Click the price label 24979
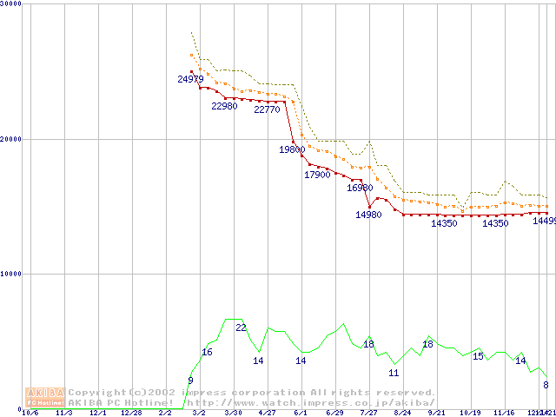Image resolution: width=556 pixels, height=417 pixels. point(191,79)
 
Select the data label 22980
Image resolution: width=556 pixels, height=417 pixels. point(224,107)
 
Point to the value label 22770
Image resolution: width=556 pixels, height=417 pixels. point(267,109)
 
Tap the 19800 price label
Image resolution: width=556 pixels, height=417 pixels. point(292,149)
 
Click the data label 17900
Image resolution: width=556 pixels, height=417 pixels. point(317,175)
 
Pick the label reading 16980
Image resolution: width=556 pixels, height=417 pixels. point(360,188)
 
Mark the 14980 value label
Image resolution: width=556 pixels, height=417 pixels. point(368,215)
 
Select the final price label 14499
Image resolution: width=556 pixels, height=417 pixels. point(544,221)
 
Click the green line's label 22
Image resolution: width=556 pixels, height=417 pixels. point(242,328)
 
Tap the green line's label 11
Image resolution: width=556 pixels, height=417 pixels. point(394,373)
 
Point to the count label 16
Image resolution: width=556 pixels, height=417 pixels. point(207,352)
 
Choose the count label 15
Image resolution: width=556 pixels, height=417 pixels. point(478,356)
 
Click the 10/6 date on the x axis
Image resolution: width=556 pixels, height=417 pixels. point(30,413)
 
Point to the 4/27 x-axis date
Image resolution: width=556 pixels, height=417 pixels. point(267,413)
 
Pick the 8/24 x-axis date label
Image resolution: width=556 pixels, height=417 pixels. point(402,413)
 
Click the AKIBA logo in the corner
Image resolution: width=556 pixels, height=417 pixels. point(45,397)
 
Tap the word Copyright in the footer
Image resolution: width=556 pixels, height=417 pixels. point(97,393)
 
